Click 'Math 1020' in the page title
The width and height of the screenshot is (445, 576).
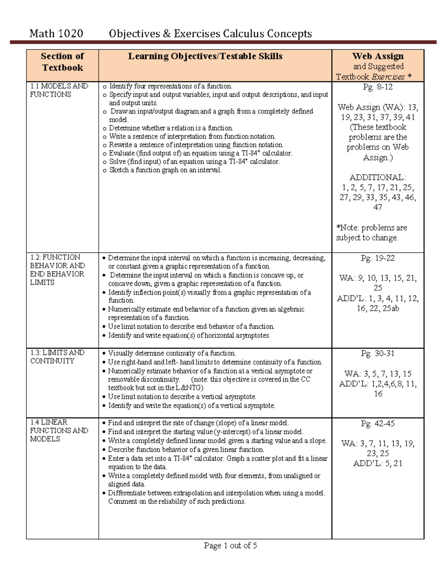click(x=56, y=34)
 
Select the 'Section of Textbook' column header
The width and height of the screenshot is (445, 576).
click(x=62, y=62)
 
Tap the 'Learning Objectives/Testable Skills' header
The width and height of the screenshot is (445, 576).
click(x=205, y=56)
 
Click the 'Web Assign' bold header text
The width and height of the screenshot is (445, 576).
click(x=378, y=56)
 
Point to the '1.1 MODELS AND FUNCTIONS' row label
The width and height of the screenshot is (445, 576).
click(x=59, y=90)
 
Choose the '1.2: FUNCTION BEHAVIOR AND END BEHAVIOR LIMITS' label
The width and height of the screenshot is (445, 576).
click(x=57, y=270)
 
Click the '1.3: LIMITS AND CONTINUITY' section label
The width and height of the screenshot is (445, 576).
click(x=57, y=357)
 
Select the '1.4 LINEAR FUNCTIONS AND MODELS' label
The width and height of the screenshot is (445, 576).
click(x=59, y=431)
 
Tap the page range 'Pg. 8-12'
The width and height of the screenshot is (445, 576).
click(x=378, y=87)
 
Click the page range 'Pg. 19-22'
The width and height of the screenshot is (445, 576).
click(x=378, y=258)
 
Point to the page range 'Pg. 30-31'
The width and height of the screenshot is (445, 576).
click(x=378, y=353)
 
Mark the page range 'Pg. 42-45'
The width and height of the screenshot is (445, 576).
click(x=378, y=424)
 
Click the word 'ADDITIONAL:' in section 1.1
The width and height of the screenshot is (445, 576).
click(x=378, y=177)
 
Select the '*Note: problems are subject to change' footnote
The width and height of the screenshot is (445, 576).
click(x=371, y=233)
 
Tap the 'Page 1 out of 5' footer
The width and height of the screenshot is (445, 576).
click(x=230, y=546)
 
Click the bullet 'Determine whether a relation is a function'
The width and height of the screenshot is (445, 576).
click(x=171, y=128)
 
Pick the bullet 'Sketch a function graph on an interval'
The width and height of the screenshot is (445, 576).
click(x=165, y=170)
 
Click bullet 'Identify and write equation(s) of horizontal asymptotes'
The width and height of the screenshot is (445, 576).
click(x=189, y=336)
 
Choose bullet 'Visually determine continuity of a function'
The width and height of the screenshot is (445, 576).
click(x=172, y=353)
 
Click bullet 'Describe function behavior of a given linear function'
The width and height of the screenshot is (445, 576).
click(x=186, y=450)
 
